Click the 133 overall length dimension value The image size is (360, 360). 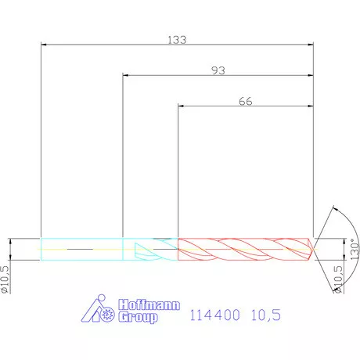(x=177, y=40)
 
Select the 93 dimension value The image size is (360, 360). (x=218, y=70)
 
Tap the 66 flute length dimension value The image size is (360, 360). (x=246, y=101)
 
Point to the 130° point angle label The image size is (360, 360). (x=355, y=249)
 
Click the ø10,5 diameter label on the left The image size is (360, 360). (x=5, y=279)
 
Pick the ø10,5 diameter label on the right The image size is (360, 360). (x=338, y=279)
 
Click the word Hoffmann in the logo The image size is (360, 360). (x=149, y=304)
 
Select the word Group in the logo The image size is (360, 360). (x=139, y=317)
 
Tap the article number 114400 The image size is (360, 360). (x=214, y=315)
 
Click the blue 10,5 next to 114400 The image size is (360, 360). (x=266, y=315)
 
